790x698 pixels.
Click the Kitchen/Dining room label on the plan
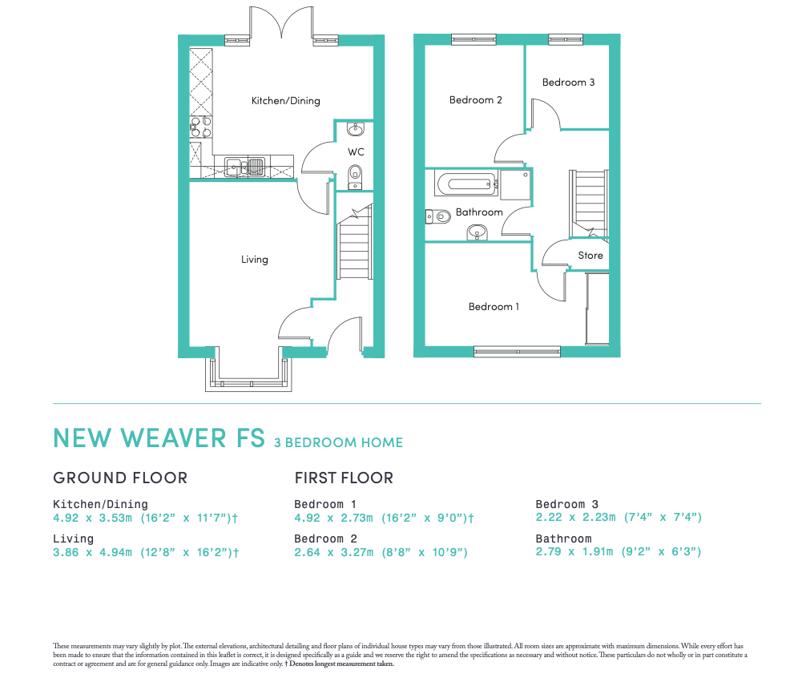pyautogui.click(x=285, y=101)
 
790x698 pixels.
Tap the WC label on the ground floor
pyautogui.click(x=356, y=151)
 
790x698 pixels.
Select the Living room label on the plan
pyautogui.click(x=255, y=260)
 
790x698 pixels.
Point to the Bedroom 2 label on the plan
pyautogui.click(x=475, y=100)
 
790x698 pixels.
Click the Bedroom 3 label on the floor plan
pyautogui.click(x=568, y=83)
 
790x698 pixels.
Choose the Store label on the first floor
pyautogui.click(x=590, y=256)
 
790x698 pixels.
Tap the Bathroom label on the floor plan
pyautogui.click(x=479, y=212)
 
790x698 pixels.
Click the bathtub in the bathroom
pyautogui.click(x=466, y=184)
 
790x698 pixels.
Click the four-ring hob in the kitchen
pyautogui.click(x=200, y=127)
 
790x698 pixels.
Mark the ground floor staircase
pyautogui.click(x=354, y=248)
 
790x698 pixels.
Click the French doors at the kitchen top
pyautogui.click(x=280, y=24)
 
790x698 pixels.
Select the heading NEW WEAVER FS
pyautogui.click(x=159, y=438)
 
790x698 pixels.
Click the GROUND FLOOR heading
pyautogui.click(x=120, y=478)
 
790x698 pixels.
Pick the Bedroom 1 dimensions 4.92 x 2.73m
pyautogui.click(x=384, y=518)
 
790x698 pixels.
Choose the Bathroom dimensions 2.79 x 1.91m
pyautogui.click(x=619, y=552)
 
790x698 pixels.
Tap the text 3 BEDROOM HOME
pyautogui.click(x=338, y=442)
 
